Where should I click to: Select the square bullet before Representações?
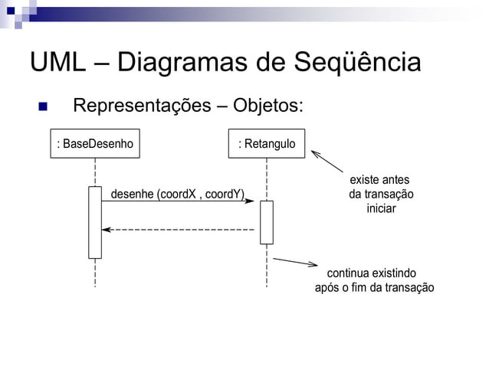[44, 106]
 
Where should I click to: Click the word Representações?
[141, 105]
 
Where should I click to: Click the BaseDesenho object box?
[95, 143]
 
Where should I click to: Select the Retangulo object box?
[266, 143]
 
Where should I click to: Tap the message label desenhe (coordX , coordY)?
[177, 194]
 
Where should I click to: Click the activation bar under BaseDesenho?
[95, 222]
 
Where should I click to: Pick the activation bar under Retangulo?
[266, 222]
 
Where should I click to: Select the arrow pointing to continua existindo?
[296, 263]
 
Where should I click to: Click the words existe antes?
[380, 180]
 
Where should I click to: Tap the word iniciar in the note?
[381, 208]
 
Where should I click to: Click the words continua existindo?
[372, 273]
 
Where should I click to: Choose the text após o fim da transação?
[374, 288]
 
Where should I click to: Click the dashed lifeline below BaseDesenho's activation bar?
[95, 273]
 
